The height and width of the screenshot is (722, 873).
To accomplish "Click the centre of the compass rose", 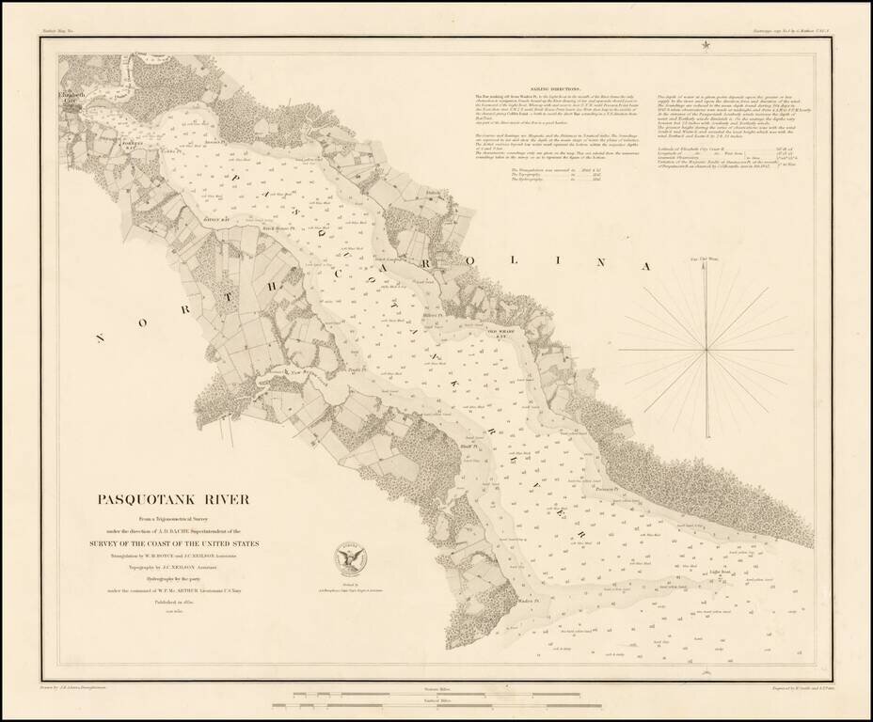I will coord(706,351).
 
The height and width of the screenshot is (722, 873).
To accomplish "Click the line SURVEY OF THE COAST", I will coord(179,543).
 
